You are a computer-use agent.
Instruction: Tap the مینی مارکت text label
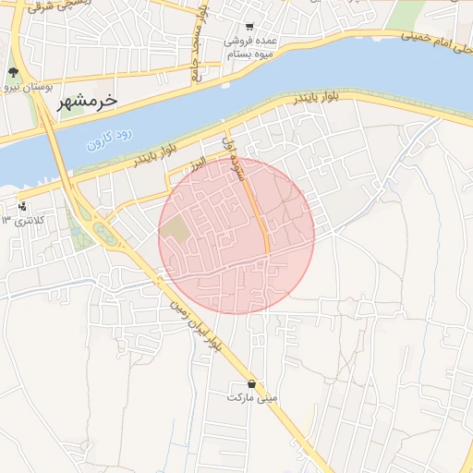(252, 397)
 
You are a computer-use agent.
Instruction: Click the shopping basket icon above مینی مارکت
(252, 383)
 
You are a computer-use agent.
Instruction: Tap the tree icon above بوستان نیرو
(13, 72)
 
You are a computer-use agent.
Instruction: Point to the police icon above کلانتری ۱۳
(22, 206)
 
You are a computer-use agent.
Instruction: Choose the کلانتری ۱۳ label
(23, 220)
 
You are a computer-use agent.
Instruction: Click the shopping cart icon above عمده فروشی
(249, 28)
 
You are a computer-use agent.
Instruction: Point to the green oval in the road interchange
(104, 235)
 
